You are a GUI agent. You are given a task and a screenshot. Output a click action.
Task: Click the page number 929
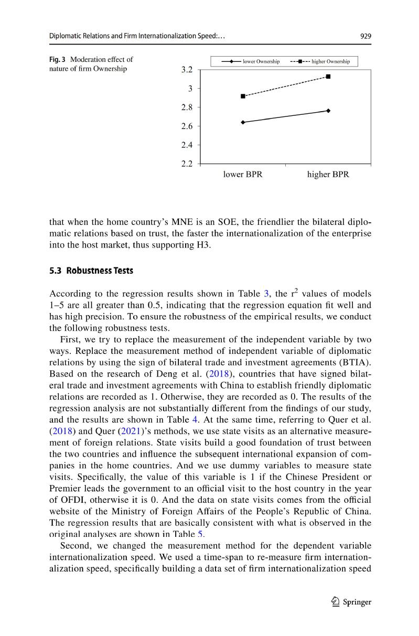coord(366,36)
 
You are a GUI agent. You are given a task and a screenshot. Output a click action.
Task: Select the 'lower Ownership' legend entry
coord(251,62)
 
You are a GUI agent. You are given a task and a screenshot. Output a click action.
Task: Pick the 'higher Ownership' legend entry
coord(320,62)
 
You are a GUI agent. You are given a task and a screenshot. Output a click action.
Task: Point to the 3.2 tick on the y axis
coord(187,69)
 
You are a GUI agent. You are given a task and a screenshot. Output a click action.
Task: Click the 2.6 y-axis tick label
coord(187,126)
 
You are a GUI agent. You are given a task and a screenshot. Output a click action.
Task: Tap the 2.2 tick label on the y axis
coord(187,164)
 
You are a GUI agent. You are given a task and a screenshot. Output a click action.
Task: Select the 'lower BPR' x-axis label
coord(242,175)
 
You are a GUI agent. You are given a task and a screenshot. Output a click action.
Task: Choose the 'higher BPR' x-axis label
coord(328,175)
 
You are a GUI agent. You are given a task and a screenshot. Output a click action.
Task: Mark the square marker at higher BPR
coord(328,77)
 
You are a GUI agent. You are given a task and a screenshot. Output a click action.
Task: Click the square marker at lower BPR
coord(243,96)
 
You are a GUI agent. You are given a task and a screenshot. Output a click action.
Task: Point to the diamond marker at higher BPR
coord(328,111)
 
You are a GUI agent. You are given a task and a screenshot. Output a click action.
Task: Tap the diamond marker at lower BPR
coord(243,122)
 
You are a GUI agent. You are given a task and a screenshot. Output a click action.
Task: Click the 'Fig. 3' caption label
coord(56,59)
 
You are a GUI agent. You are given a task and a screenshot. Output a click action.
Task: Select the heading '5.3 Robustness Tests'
coord(91,271)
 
